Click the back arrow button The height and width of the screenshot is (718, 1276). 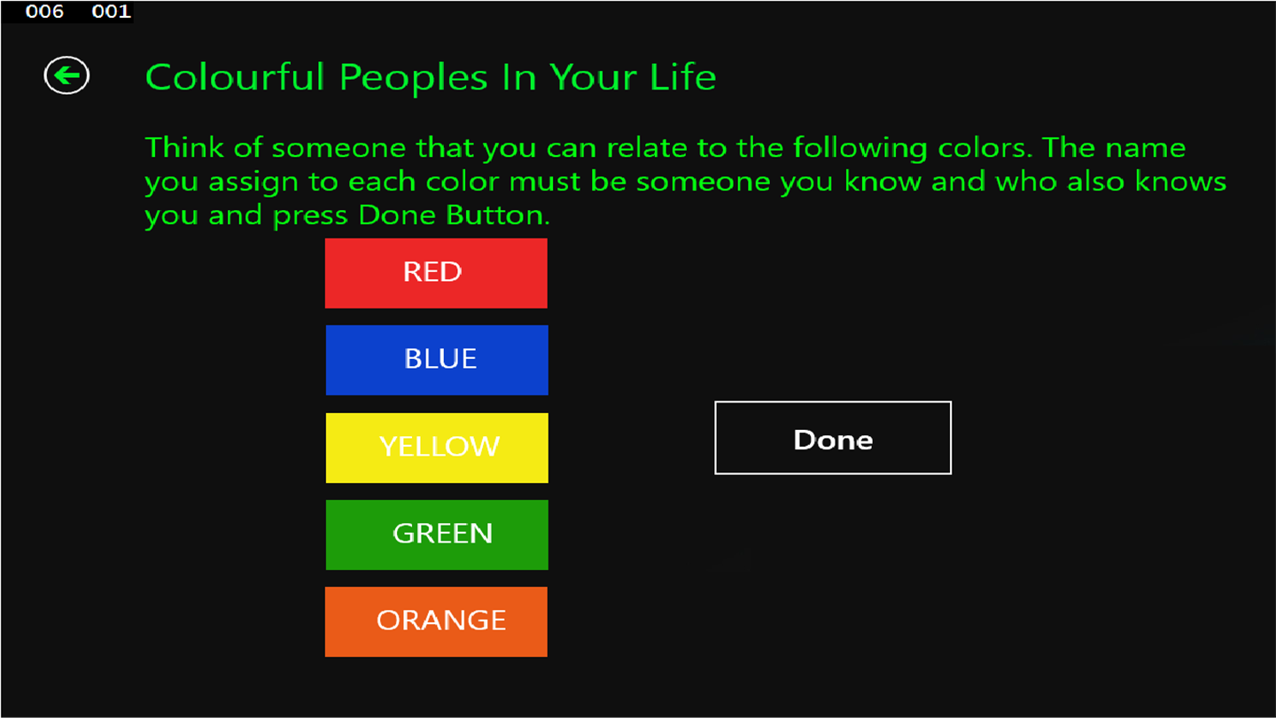[x=66, y=75]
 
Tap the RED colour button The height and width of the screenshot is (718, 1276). [x=436, y=273]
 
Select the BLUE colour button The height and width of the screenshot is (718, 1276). [x=437, y=360]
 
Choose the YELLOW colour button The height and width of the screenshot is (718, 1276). [x=437, y=448]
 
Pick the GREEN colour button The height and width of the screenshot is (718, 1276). [x=437, y=535]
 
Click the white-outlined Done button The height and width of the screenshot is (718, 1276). [x=833, y=438]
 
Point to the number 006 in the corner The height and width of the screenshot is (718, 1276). [x=44, y=12]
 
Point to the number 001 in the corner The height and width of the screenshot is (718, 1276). [x=111, y=12]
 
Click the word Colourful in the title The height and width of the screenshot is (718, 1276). [x=235, y=76]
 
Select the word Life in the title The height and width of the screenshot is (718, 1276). [x=683, y=76]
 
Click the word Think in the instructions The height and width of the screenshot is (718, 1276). [x=184, y=147]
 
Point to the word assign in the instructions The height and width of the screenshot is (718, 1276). [x=253, y=183]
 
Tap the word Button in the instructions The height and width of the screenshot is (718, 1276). [x=498, y=215]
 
